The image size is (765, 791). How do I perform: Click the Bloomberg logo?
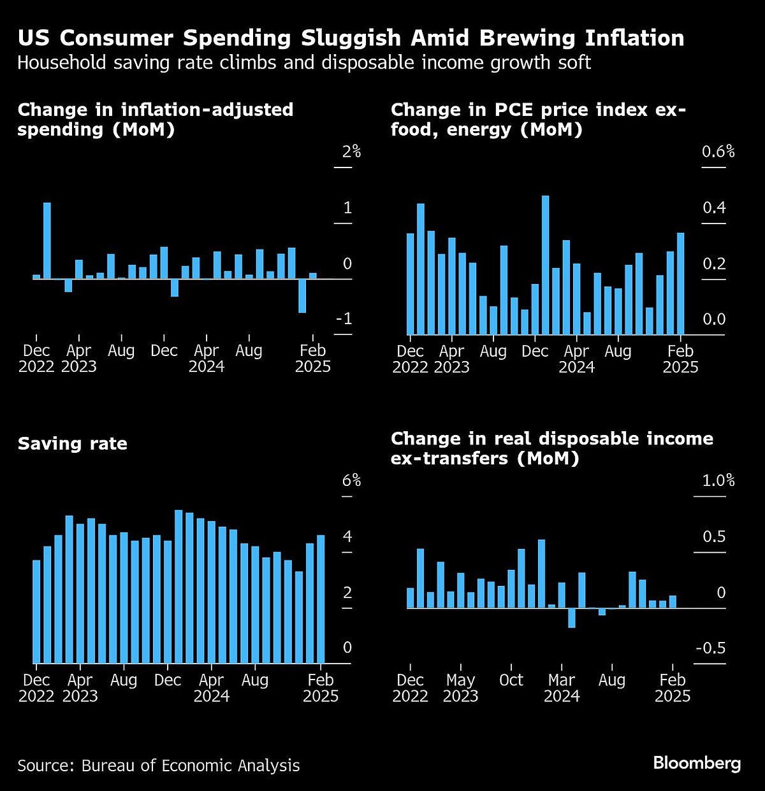click(x=697, y=763)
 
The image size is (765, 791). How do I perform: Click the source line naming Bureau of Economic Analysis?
click(x=158, y=765)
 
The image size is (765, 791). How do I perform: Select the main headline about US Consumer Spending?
click(x=351, y=38)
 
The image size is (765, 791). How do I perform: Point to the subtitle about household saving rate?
click(x=304, y=63)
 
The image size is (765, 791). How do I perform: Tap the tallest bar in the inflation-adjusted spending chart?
click(x=47, y=240)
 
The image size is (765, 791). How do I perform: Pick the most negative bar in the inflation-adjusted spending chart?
click(x=302, y=296)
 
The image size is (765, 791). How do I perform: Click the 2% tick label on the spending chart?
click(x=351, y=152)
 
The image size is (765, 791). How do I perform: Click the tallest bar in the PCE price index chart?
click(x=545, y=264)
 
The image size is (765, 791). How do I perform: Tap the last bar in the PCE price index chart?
click(x=680, y=283)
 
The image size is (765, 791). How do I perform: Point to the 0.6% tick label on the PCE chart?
click(x=718, y=152)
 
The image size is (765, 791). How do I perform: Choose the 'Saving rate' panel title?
click(x=73, y=444)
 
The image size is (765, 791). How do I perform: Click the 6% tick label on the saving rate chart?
click(x=351, y=480)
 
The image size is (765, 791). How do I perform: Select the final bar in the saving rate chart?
click(x=321, y=599)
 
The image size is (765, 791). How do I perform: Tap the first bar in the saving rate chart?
click(x=36, y=611)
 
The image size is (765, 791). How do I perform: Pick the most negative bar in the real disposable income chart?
click(x=572, y=618)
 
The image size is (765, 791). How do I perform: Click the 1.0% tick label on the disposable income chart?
click(x=718, y=480)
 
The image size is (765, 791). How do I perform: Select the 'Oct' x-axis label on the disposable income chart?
click(x=511, y=680)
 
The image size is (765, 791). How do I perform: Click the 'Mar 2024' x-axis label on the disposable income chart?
click(x=562, y=688)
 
